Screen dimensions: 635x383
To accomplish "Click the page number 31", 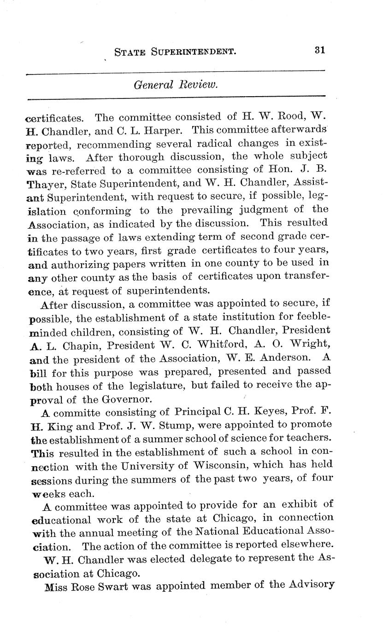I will (320, 50).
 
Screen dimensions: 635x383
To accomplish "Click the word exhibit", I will (291, 506).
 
